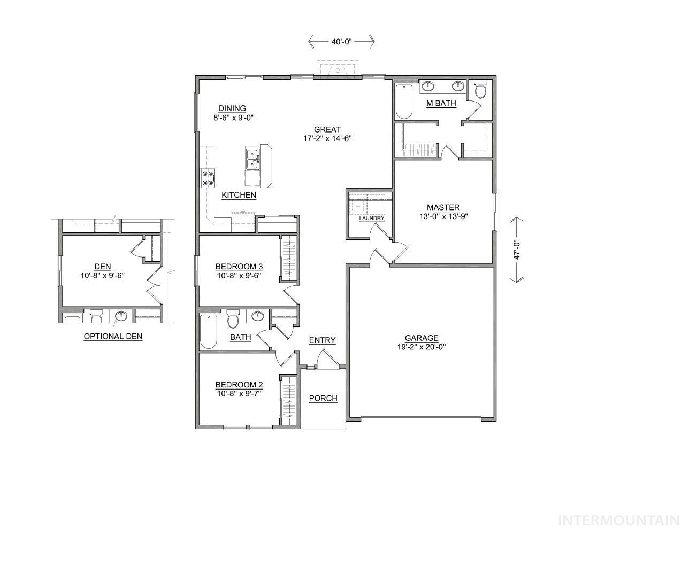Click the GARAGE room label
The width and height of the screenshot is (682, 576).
coord(422,338)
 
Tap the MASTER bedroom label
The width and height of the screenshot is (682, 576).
coord(443,207)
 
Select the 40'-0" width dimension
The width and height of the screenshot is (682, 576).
coord(341,41)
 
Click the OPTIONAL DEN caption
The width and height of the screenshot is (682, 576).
coord(113,337)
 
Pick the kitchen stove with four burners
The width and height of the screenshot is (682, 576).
coord(207,178)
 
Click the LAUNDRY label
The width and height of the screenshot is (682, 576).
coord(371,218)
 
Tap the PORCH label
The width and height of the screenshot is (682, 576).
coord(323,398)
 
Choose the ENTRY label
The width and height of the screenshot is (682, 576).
coord(322,340)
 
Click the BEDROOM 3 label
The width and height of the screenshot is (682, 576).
coord(239,267)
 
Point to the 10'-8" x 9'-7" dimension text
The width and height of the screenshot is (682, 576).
coord(239,394)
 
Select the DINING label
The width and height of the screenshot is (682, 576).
coord(232,108)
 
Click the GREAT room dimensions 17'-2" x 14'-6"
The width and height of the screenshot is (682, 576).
coord(327,138)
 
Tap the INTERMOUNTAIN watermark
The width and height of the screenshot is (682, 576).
coord(618,520)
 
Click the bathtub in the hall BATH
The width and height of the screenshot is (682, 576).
coord(208,331)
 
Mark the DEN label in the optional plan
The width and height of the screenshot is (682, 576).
coord(102,267)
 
